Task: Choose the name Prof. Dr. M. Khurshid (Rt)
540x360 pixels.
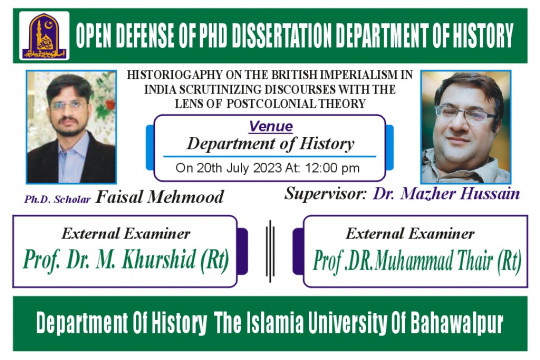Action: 126,259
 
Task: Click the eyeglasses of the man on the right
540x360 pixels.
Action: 465,114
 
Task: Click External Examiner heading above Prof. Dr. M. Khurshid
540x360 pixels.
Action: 126,234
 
